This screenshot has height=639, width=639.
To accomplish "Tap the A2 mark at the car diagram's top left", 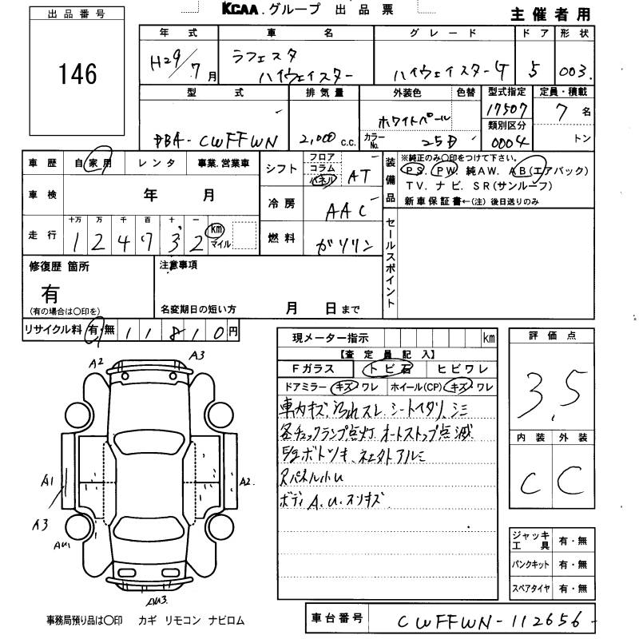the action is (x=97, y=364).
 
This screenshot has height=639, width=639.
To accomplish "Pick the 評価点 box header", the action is (x=552, y=336).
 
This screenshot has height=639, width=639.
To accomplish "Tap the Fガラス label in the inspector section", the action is (x=316, y=369).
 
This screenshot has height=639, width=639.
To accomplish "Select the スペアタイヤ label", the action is (x=532, y=589).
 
